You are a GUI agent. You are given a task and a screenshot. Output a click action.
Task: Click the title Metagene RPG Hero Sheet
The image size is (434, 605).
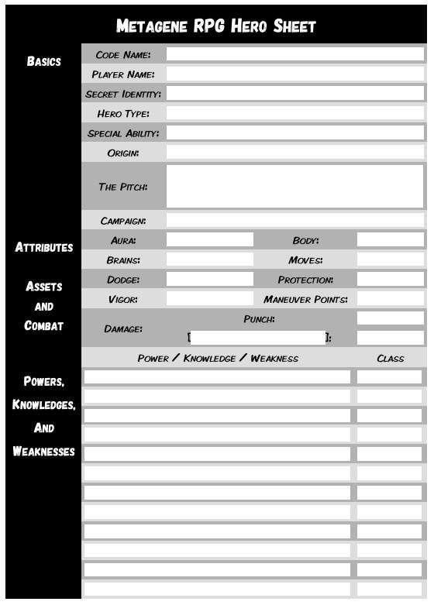click(x=215, y=26)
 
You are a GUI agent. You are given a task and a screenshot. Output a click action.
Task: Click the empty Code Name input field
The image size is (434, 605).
click(x=294, y=54)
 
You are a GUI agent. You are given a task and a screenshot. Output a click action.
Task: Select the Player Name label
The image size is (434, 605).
click(x=122, y=74)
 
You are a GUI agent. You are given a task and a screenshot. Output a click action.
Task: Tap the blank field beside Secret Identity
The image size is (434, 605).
click(x=294, y=94)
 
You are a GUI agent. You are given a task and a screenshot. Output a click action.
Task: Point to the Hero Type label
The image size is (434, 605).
click(x=122, y=114)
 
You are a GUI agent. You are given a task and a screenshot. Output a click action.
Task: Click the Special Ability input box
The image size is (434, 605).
click(x=294, y=133)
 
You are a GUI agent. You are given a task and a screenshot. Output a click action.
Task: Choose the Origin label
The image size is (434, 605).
click(x=122, y=153)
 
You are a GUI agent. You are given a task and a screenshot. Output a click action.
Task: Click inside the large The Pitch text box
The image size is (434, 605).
click(x=294, y=186)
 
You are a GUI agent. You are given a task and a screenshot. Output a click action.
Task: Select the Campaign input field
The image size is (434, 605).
click(x=294, y=222)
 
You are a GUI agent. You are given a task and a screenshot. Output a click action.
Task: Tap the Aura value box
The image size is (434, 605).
click(x=209, y=240)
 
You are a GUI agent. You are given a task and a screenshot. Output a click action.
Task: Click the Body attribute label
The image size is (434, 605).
click(x=305, y=241)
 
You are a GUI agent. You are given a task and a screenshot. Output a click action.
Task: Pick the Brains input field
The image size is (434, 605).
click(x=209, y=260)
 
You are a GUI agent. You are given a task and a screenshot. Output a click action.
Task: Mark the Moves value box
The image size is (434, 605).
click(x=390, y=260)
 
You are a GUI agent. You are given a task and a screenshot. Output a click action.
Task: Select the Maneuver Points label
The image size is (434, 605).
click(x=305, y=299)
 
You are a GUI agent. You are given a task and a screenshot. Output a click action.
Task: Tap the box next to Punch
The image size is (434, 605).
click(x=390, y=318)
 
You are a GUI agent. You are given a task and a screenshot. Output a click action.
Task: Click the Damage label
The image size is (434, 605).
click(x=122, y=328)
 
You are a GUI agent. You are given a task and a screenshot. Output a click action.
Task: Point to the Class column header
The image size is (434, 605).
click(x=390, y=359)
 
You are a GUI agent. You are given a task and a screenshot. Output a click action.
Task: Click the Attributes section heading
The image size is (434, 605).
click(x=44, y=248)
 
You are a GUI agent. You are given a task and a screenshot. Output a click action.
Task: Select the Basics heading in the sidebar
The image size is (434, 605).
click(x=43, y=61)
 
